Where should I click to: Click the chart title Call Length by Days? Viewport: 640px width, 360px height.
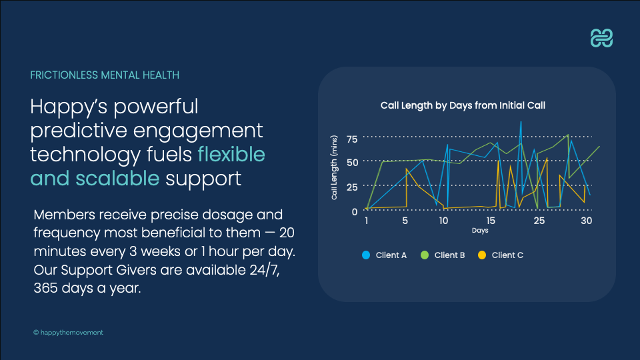click(463, 105)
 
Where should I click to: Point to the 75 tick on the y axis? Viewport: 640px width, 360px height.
click(352, 139)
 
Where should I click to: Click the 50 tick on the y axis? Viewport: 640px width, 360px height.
click(352, 163)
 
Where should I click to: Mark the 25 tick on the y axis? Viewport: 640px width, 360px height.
click(352, 187)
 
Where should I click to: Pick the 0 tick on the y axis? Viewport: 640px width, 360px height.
click(355, 211)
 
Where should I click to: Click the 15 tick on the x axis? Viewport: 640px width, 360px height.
click(491, 221)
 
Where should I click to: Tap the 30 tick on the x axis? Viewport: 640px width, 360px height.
click(587, 221)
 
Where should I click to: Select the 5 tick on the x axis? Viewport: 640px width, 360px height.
click(405, 221)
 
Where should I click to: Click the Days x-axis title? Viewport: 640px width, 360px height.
click(480, 231)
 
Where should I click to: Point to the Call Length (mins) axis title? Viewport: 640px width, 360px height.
click(335, 167)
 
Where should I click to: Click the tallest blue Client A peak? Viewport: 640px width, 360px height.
click(521, 123)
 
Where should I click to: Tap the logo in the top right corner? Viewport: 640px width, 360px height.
click(602, 39)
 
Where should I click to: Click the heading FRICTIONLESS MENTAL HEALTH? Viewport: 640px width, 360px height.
click(105, 75)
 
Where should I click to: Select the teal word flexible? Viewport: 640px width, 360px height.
click(231, 154)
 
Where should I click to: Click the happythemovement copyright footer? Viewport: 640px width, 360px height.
click(68, 332)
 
